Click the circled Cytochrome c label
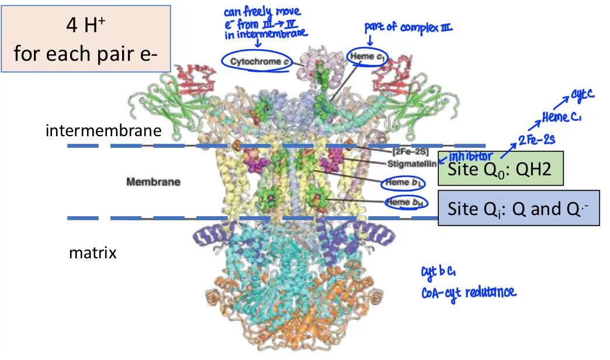click(x=255, y=61)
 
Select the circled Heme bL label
click(x=403, y=184)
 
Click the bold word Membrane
click(x=153, y=182)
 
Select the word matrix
click(x=93, y=253)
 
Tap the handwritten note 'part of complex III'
click(x=408, y=27)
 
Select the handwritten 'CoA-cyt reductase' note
click(x=469, y=292)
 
